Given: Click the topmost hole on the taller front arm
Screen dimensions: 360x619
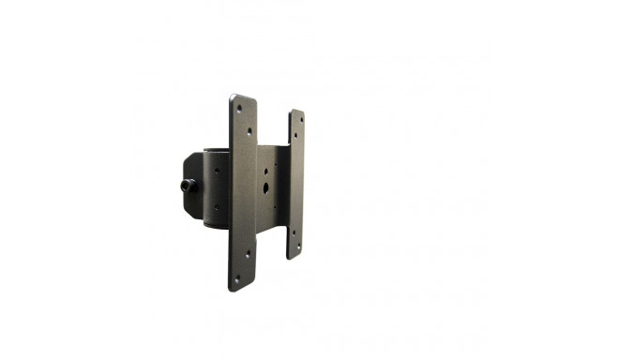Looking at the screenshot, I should coord(238,109).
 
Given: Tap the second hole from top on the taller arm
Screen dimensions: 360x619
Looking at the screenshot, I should coord(249,131).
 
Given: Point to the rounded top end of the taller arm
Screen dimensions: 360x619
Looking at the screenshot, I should coord(243,97).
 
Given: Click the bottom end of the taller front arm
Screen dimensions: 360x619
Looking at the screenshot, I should coord(241,287).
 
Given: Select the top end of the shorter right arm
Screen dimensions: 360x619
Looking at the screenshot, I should coord(296,112).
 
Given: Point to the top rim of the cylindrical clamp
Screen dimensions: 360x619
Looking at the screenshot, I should coord(216,149).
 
